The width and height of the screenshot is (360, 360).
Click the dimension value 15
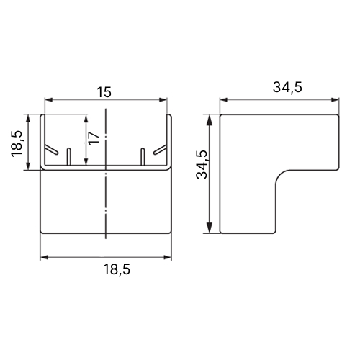tap(104, 92)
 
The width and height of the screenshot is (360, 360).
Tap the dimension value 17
tap(94, 138)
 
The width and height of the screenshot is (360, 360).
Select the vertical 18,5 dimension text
tap(17, 144)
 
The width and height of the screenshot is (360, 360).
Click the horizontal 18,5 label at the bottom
tap(117, 269)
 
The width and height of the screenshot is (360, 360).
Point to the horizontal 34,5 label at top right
tap(287, 87)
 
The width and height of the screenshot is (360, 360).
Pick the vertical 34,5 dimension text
tap(202, 165)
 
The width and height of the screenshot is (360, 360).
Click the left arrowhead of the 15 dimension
tap(49, 100)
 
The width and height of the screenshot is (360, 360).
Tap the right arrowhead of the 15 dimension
tap(163, 100)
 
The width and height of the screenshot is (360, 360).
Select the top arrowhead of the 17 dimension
tap(86, 119)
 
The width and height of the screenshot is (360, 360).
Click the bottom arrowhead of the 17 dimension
tap(86, 161)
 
